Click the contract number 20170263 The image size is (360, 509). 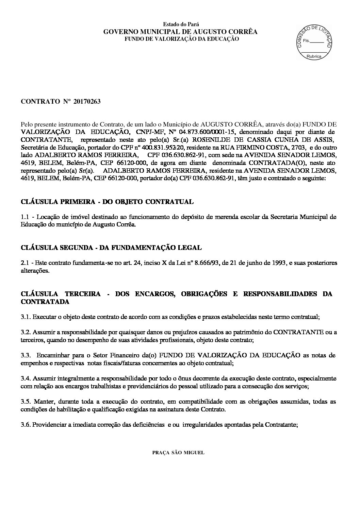point(86,102)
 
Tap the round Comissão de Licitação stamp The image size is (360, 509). point(314,43)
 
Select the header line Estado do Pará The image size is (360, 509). point(181,24)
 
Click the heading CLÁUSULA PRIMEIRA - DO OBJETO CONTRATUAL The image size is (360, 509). point(107,202)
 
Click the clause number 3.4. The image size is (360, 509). point(25,378)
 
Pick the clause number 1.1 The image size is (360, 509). point(25,217)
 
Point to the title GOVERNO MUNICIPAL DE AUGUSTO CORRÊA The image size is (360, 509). point(180,32)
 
